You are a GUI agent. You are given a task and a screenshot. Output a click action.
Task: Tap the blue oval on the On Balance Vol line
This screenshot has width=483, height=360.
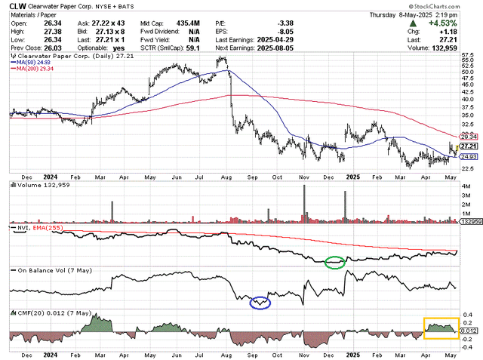pyautogui.click(x=260, y=302)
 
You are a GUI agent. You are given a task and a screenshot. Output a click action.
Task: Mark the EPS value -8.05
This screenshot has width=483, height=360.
pyautogui.click(x=282, y=32)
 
